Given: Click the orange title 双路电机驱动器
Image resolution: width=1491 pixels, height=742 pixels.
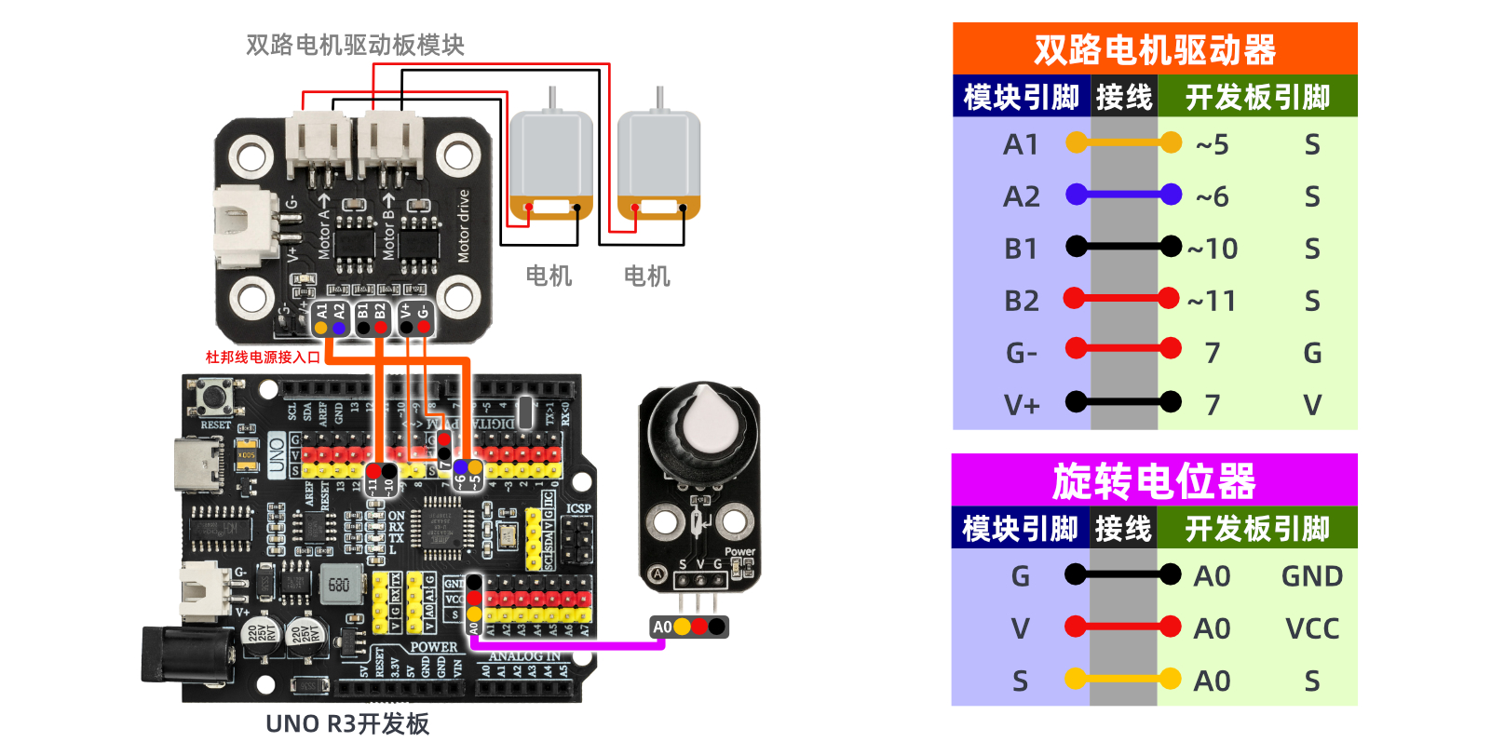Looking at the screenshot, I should (x=1154, y=49).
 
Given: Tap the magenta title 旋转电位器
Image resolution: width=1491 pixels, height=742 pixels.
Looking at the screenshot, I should (x=1154, y=481).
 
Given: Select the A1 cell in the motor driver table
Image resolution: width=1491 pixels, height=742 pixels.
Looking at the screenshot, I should (x=1021, y=144).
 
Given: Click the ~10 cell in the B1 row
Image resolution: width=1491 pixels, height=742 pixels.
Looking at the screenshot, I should (x=1213, y=249).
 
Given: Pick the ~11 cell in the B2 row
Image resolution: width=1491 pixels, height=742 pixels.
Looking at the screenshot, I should (x=1212, y=301).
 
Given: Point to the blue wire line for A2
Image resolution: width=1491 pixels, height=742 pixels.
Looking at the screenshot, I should (x=1123, y=196).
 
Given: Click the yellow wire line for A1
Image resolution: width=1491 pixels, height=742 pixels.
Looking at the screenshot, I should (x=1123, y=143).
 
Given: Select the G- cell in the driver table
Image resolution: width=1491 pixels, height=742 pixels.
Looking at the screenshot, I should (x=1021, y=353).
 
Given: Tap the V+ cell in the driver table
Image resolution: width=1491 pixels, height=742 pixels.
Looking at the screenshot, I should (x=1021, y=405).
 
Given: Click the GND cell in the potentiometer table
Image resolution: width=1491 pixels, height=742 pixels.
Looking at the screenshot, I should (x=1311, y=576).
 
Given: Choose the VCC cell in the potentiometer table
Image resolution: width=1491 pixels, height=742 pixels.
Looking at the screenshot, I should (x=1311, y=628).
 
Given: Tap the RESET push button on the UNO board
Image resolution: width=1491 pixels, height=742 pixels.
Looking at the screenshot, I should (x=216, y=398).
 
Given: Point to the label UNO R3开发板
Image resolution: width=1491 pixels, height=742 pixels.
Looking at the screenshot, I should (x=347, y=723).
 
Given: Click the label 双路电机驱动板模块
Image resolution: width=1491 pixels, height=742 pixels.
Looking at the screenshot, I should (x=355, y=45).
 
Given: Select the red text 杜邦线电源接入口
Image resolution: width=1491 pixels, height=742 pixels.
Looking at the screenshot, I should (x=263, y=357).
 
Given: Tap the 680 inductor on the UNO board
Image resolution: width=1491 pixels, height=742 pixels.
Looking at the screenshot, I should (x=339, y=585).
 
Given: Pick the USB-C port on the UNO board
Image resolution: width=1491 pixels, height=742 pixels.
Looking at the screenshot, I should (x=198, y=465).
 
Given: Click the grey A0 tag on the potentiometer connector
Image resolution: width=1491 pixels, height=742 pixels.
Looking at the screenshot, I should (x=662, y=627).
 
